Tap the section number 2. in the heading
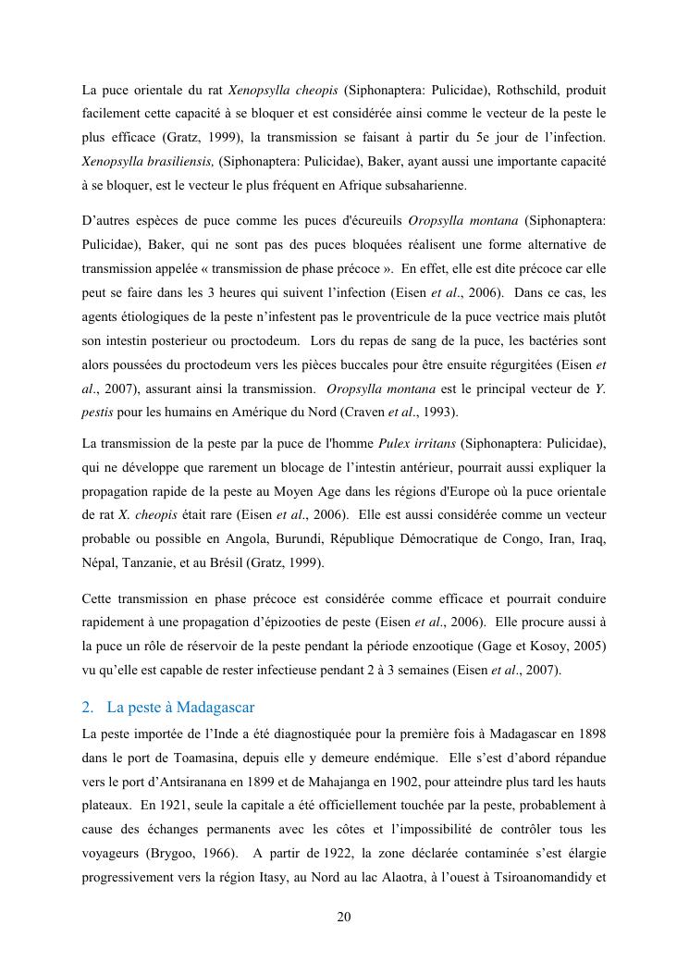point(88,708)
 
